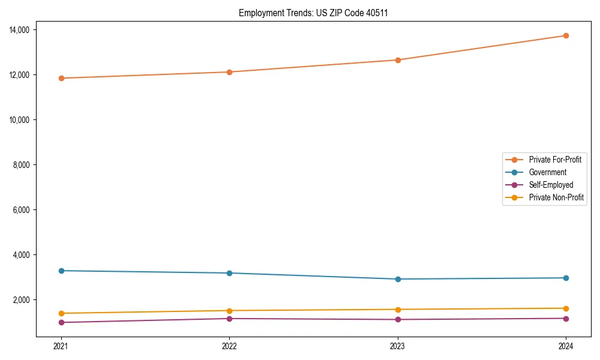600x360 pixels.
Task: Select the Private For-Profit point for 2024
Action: (566, 35)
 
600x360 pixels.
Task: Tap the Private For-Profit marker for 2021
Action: (61, 78)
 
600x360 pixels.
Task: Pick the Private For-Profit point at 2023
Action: (398, 60)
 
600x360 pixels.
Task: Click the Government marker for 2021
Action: (61, 271)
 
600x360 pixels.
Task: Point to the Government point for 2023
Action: (398, 279)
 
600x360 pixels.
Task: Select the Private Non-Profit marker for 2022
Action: (229, 311)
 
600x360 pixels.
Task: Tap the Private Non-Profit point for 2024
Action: (566, 308)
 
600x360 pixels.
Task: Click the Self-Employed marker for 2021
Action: (61, 322)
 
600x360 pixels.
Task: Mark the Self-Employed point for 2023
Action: (398, 319)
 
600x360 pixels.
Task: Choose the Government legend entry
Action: (547, 172)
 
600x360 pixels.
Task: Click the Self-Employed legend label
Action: (551, 185)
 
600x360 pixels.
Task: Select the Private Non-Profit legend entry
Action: (556, 197)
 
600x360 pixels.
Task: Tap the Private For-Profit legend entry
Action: (555, 160)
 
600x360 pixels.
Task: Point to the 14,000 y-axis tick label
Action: (25, 30)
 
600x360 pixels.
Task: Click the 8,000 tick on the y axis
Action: (26, 165)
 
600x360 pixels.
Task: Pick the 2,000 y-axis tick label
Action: (26, 300)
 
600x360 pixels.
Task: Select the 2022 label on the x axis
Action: (229, 346)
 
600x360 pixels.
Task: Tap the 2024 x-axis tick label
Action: (566, 346)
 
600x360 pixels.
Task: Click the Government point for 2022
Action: (229, 273)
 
